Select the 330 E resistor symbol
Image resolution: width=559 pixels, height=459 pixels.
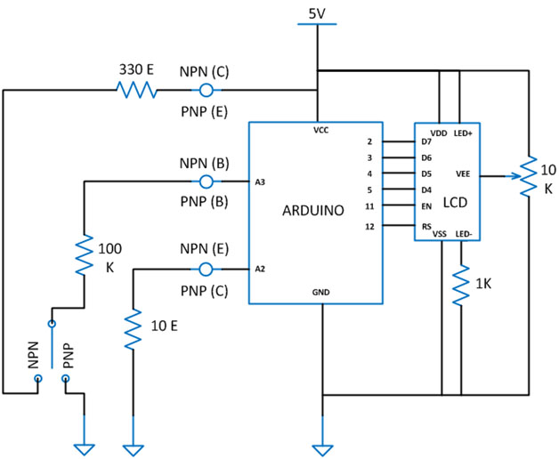coord(134,90)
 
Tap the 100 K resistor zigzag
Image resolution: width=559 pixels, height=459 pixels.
coord(84,254)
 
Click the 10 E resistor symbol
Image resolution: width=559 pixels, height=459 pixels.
coord(133,328)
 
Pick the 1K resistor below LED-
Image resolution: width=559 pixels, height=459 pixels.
coord(461,286)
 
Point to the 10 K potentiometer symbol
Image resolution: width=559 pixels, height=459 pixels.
coord(527,176)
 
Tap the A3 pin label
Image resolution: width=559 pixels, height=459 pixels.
coord(260,182)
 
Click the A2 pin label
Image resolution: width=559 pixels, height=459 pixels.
coord(260,268)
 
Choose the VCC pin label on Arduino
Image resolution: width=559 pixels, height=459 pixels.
coord(320,129)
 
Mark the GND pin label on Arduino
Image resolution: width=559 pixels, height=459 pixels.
coord(320,290)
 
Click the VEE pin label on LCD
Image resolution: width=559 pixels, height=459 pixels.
coord(463,175)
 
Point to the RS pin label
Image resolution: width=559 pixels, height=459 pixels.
coord(426,226)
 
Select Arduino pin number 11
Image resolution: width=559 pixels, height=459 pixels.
coord(369,205)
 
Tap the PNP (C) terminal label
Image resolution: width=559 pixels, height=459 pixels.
coord(205,288)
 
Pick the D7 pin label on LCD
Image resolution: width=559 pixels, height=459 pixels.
coord(426,141)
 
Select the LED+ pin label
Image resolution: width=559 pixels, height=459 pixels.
coord(463,133)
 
